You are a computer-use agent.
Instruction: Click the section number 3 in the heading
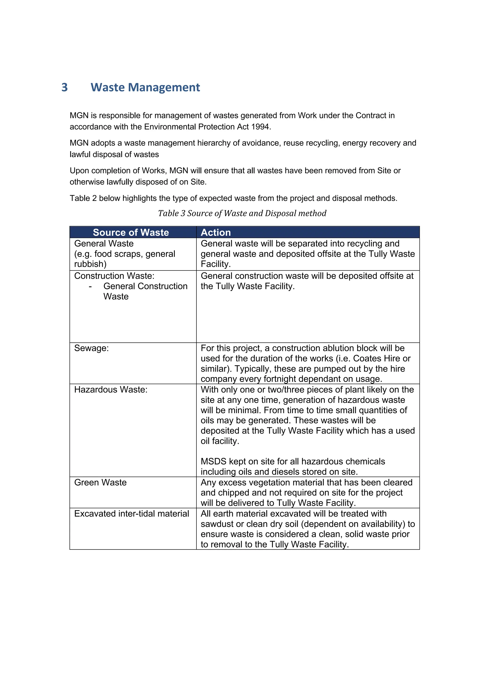tap(65, 87)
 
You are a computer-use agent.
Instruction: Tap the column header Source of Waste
tap(131, 232)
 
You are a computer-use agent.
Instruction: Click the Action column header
tap(216, 232)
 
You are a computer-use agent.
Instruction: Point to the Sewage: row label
tap(91, 348)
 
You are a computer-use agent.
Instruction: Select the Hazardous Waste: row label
tap(111, 389)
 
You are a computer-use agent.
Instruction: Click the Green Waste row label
tap(100, 482)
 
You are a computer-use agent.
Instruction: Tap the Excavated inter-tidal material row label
tap(131, 513)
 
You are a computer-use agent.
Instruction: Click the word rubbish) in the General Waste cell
tap(90, 264)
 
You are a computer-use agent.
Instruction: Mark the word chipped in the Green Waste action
tap(234, 493)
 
